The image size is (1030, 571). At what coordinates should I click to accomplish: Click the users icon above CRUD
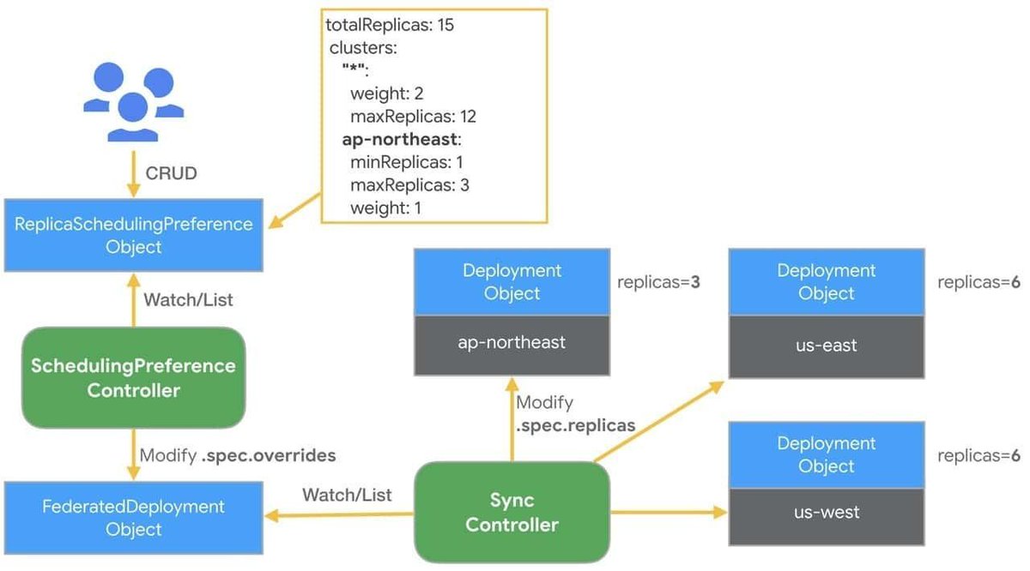pyautogui.click(x=133, y=103)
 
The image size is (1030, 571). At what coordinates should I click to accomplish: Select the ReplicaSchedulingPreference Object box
pyautogui.click(x=134, y=236)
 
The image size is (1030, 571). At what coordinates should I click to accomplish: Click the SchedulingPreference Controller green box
pyautogui.click(x=133, y=378)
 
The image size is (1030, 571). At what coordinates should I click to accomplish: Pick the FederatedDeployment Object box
pyautogui.click(x=134, y=518)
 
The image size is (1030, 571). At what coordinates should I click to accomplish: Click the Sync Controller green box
pyautogui.click(x=512, y=512)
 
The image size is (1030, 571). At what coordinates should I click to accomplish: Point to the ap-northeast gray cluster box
pyautogui.click(x=512, y=343)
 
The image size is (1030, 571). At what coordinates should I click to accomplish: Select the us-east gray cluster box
pyautogui.click(x=827, y=346)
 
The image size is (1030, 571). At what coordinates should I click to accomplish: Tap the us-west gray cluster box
pyautogui.click(x=827, y=513)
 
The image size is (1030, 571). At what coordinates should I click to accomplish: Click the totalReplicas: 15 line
pyautogui.click(x=390, y=26)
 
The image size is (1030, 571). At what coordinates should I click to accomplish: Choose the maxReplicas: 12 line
pyautogui.click(x=413, y=117)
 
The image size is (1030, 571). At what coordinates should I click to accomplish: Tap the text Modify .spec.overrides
pyautogui.click(x=237, y=456)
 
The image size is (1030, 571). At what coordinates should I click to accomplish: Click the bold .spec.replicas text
pyautogui.click(x=576, y=424)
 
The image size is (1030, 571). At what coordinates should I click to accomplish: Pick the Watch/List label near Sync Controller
pyautogui.click(x=347, y=495)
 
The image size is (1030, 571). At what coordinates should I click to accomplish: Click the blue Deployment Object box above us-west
pyautogui.click(x=827, y=455)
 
